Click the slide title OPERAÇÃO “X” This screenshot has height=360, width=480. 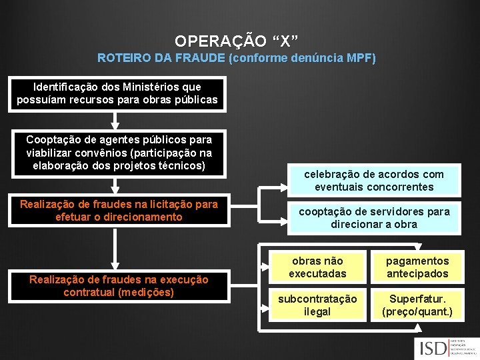click(x=237, y=41)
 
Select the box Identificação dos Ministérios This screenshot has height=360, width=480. click(x=117, y=93)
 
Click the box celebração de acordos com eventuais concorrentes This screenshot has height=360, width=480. click(x=374, y=180)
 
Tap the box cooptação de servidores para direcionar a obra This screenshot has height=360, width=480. click(x=374, y=218)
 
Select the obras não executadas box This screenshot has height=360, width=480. click(x=317, y=267)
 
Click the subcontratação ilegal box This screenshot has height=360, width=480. click(x=317, y=305)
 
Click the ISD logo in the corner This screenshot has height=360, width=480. click(x=443, y=348)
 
